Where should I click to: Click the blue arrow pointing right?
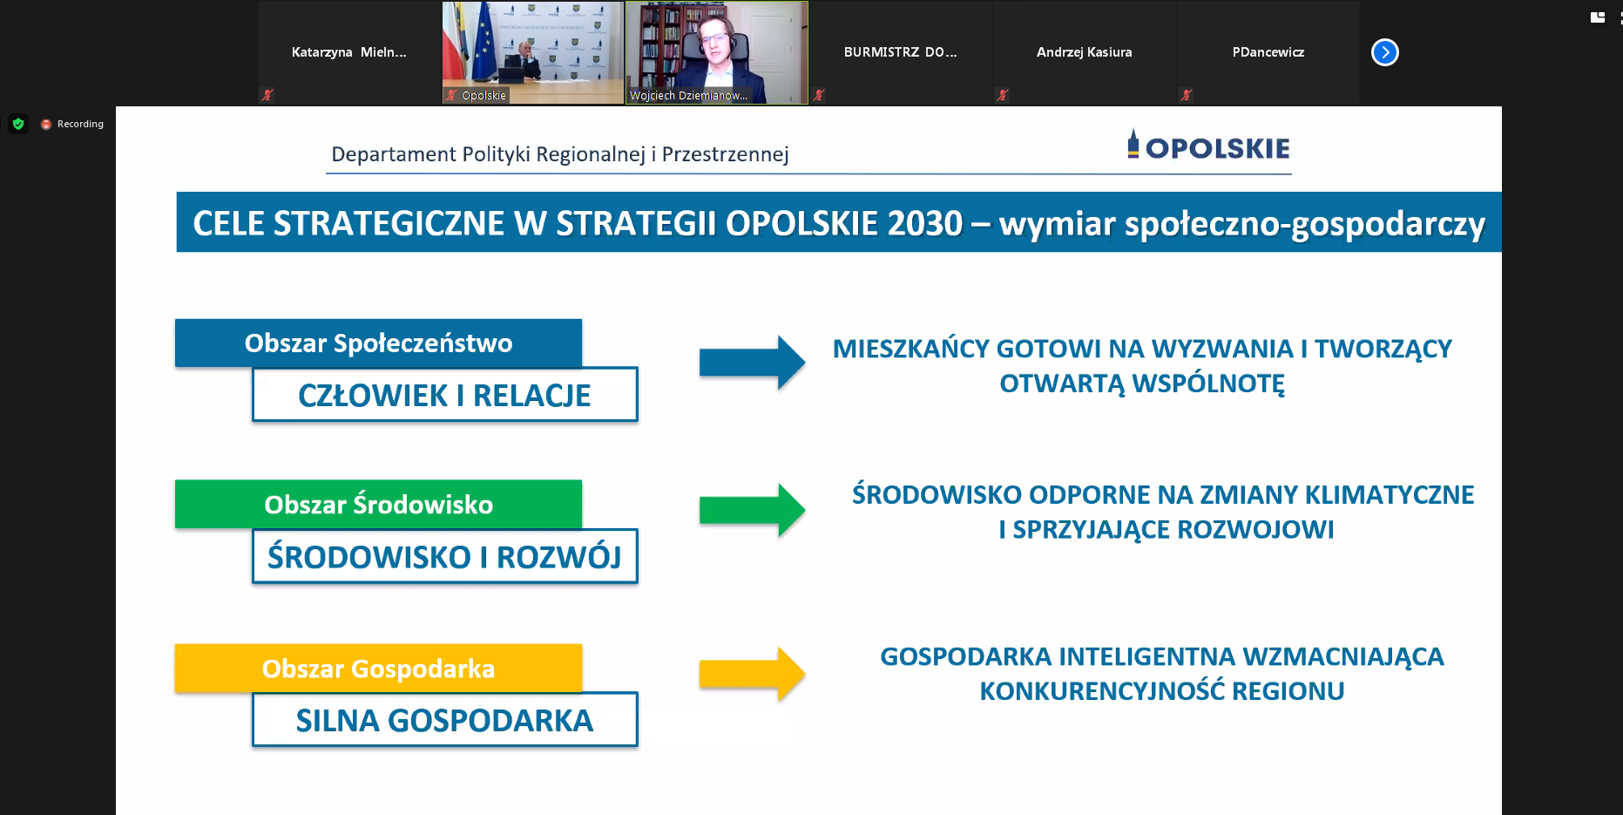tap(752, 362)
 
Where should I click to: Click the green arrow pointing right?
tap(752, 509)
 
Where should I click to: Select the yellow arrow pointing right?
tap(752, 673)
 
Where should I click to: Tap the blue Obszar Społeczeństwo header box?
tap(378, 343)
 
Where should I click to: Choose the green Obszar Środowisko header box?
tap(378, 504)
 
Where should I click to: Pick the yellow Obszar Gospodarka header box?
tap(378, 668)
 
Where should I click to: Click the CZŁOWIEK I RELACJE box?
tap(444, 395)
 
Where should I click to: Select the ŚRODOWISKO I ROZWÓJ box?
tap(444, 556)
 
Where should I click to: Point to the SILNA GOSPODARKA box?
tap(444, 720)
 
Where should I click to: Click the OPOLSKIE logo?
tap(1208, 146)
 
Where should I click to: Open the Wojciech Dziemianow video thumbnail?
tap(717, 52)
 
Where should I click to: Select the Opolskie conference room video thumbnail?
tap(533, 52)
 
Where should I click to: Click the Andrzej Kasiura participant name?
tap(1085, 52)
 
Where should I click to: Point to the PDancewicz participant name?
tap(1268, 52)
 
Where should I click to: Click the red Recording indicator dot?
tap(46, 125)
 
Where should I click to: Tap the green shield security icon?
tap(18, 124)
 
